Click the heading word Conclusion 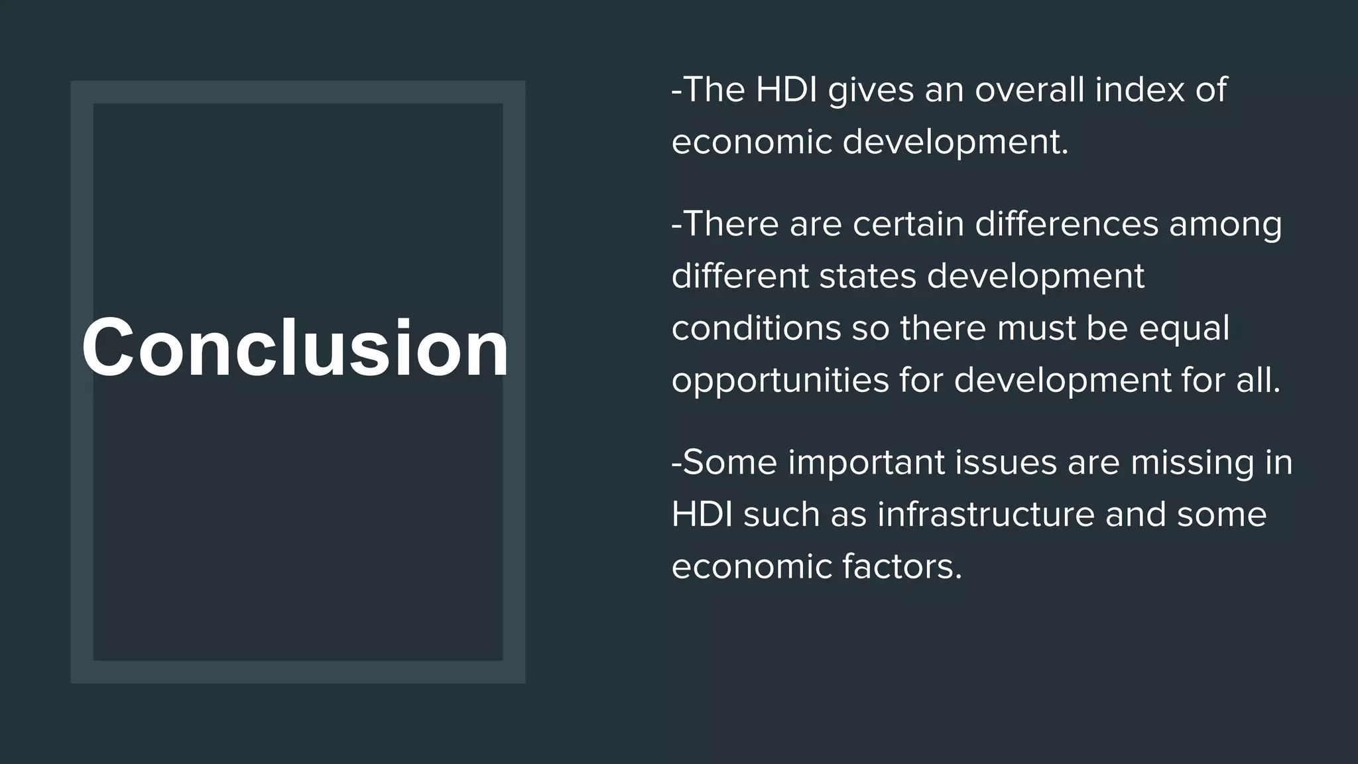coord(296,348)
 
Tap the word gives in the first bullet coord(871,91)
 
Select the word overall coord(1029,90)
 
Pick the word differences coord(1066,223)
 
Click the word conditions coord(756,328)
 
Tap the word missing coord(1192,463)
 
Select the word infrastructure coord(985,515)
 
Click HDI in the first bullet coord(786,90)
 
